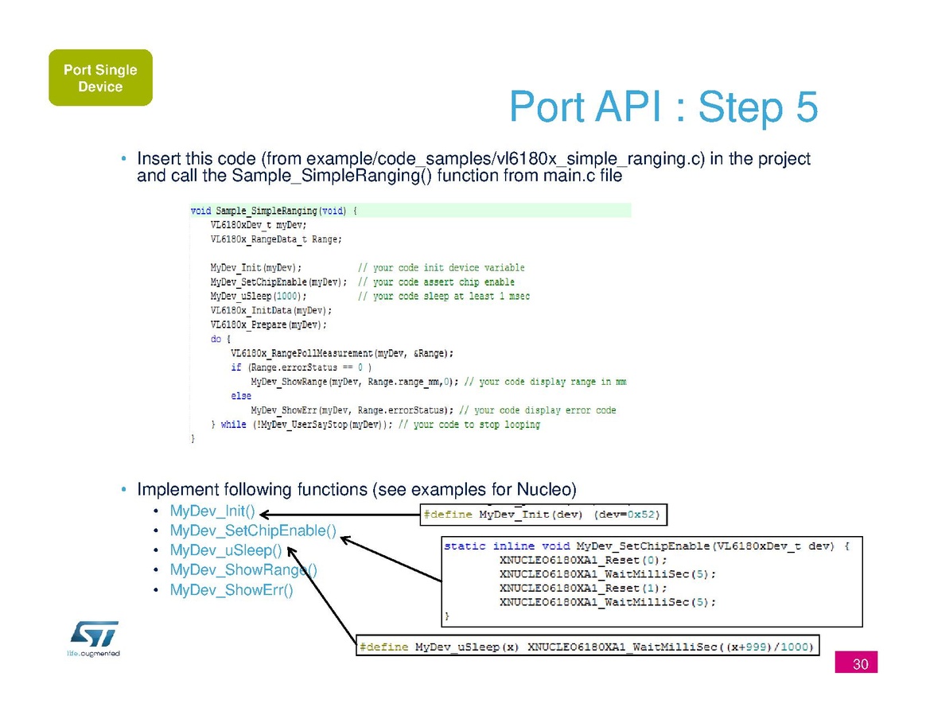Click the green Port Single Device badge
pyautogui.click(x=100, y=78)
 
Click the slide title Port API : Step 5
pyautogui.click(x=663, y=107)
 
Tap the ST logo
pyautogui.click(x=94, y=635)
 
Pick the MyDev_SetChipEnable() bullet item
pyautogui.click(x=253, y=530)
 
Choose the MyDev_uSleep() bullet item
pyautogui.click(x=226, y=550)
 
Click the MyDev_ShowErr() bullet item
pyautogui.click(x=231, y=590)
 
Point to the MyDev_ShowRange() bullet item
pyautogui.click(x=243, y=570)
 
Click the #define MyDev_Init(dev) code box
pyautogui.click(x=544, y=515)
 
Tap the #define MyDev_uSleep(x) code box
pyautogui.click(x=587, y=647)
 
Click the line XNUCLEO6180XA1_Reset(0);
pyautogui.click(x=583, y=560)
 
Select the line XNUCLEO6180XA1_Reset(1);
pyautogui.click(x=583, y=589)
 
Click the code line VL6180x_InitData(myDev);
pyautogui.click(x=271, y=310)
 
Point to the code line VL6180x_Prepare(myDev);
pyautogui.click(x=269, y=324)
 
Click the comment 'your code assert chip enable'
pyautogui.click(x=443, y=282)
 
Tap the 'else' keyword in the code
pyautogui.click(x=241, y=396)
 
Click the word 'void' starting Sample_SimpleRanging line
pyautogui.click(x=201, y=212)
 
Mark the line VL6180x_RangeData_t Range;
pyautogui.click(x=276, y=239)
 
